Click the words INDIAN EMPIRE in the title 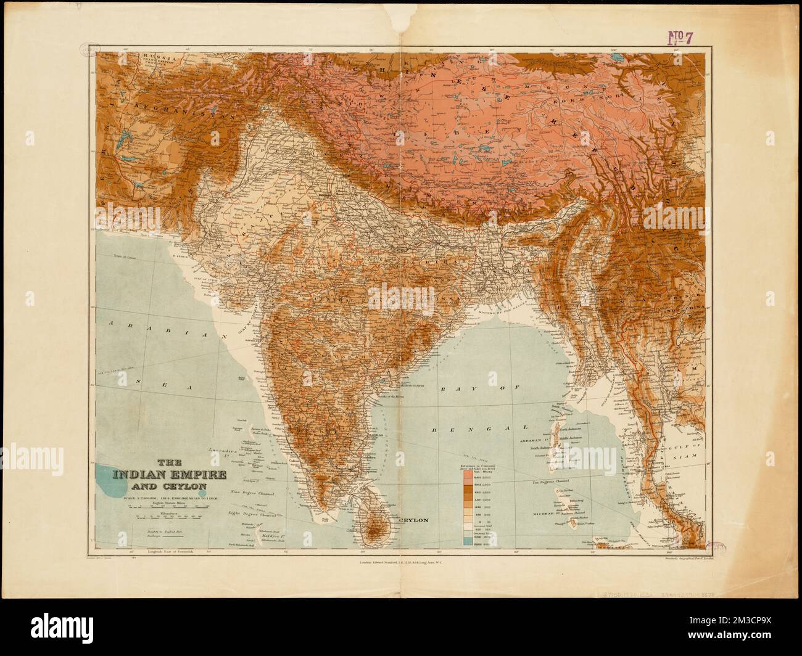[168, 475]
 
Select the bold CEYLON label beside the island [414, 520]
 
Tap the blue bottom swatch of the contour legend [467, 542]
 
